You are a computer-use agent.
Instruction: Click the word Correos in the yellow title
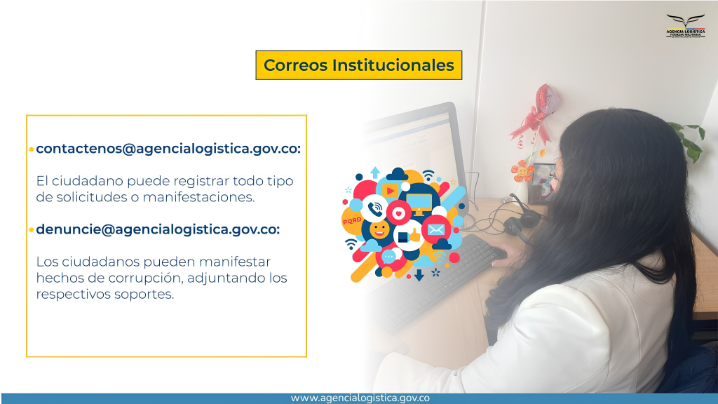296,65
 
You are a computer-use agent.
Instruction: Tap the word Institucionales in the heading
393,65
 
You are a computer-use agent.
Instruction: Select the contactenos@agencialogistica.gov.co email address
168,149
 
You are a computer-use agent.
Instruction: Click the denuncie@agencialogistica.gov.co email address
157,229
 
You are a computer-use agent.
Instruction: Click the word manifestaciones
198,197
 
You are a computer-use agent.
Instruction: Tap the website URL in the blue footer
360,398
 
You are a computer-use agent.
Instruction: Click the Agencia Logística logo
686,26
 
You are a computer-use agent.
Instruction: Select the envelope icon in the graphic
435,229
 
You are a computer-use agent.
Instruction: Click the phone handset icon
375,209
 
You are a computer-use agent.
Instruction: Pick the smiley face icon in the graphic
379,229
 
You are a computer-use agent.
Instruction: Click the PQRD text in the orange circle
352,220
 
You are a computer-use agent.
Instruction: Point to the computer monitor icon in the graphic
419,204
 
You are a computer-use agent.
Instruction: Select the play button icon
390,190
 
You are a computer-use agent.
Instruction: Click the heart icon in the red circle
398,213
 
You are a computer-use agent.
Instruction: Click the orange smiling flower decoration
522,171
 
